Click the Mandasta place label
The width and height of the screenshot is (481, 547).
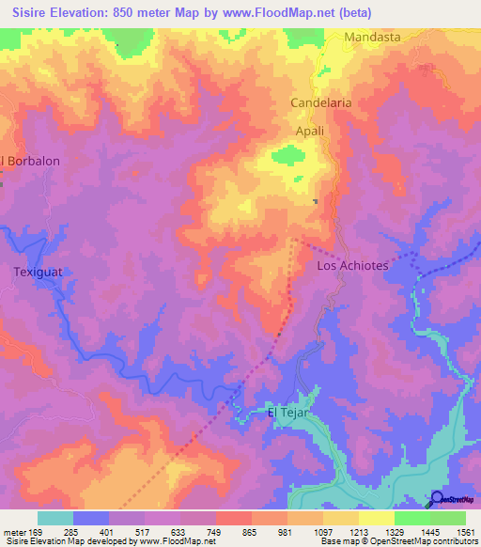(x=372, y=37)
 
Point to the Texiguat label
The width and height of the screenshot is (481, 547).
(x=37, y=273)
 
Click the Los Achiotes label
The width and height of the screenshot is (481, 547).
(x=352, y=266)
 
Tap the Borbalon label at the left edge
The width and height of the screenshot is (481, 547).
(x=32, y=161)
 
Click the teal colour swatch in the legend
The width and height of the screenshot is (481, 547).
(x=54, y=518)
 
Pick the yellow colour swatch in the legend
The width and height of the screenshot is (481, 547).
(x=376, y=518)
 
